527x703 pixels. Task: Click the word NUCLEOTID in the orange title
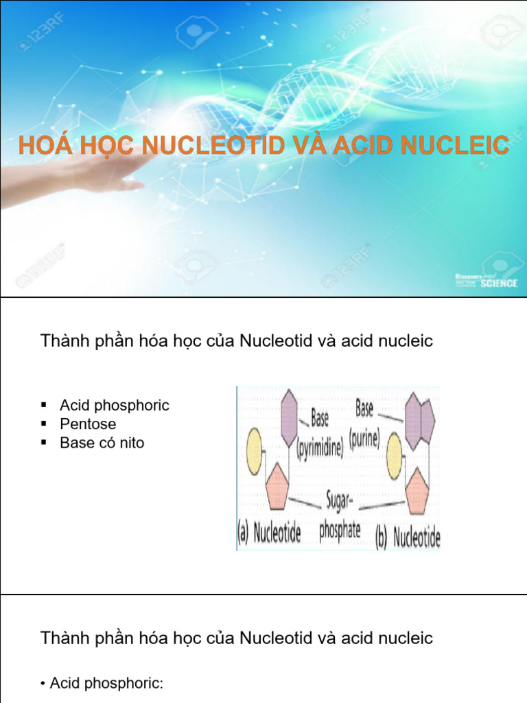(212, 146)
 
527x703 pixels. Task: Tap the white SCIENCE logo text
(498, 283)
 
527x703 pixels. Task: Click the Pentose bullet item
(88, 424)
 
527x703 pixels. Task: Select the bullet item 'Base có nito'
(102, 443)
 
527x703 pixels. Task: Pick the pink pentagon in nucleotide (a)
(277, 486)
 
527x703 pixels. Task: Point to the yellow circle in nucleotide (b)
(394, 455)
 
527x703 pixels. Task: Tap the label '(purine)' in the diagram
(364, 439)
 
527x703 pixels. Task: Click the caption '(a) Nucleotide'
(269, 534)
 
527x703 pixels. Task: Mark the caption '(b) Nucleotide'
(408, 537)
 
